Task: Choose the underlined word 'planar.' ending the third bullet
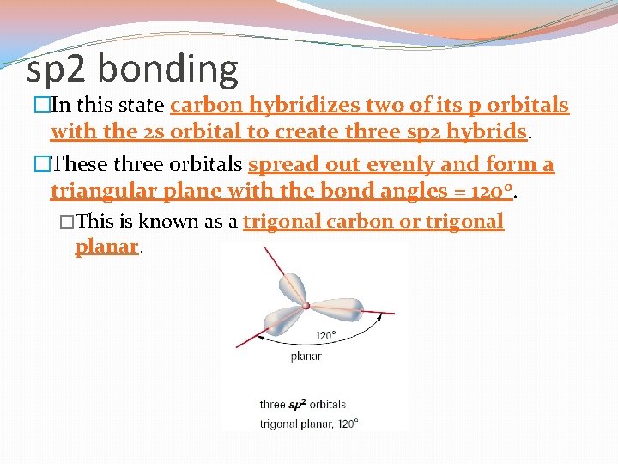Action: coord(106,247)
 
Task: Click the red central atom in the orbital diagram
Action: coord(306,304)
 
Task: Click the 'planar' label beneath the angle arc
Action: coord(306,356)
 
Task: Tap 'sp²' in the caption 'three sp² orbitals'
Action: coord(296,405)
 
